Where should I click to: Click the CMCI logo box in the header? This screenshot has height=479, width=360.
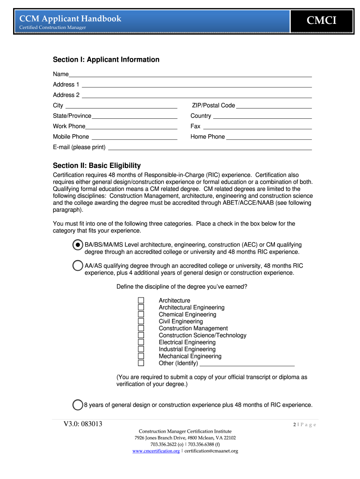(x=321, y=20)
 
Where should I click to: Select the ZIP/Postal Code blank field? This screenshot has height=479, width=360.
(x=274, y=106)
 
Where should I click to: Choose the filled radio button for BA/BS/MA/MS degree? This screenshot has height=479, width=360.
(x=78, y=245)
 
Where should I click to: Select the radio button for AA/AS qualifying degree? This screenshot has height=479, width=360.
(x=78, y=266)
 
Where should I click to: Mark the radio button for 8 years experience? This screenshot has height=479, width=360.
(x=78, y=405)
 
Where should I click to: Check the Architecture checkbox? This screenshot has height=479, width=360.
(x=141, y=300)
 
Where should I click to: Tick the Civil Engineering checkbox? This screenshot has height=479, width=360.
(x=141, y=321)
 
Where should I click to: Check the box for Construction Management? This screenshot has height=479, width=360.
(x=141, y=328)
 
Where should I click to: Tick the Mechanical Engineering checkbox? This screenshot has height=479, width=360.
(x=141, y=356)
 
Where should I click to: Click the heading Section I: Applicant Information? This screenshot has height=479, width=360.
(x=106, y=59)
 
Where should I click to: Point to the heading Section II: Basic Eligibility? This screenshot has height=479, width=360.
(x=97, y=166)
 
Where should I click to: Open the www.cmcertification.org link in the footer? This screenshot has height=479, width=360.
(x=156, y=451)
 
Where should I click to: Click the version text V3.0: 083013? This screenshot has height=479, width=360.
(x=83, y=424)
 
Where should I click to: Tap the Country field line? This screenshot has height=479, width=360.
(x=262, y=116)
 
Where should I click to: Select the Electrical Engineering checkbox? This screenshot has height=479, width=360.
(x=141, y=342)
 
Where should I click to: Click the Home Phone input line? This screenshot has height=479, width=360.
(x=269, y=137)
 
